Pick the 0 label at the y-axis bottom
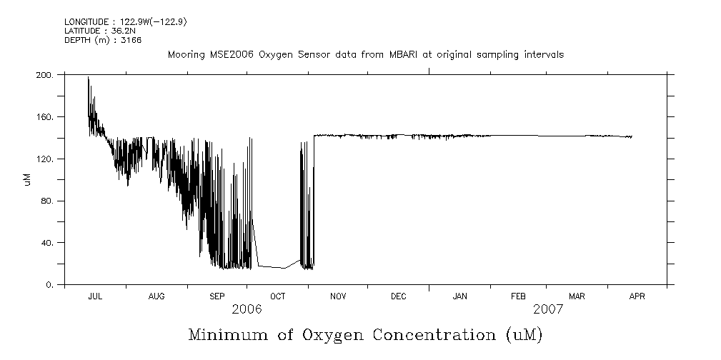pos(51,285)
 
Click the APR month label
pos(636,296)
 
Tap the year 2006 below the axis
pos(247,309)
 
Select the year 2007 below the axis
pos(547,309)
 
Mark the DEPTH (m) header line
pos(103,40)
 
